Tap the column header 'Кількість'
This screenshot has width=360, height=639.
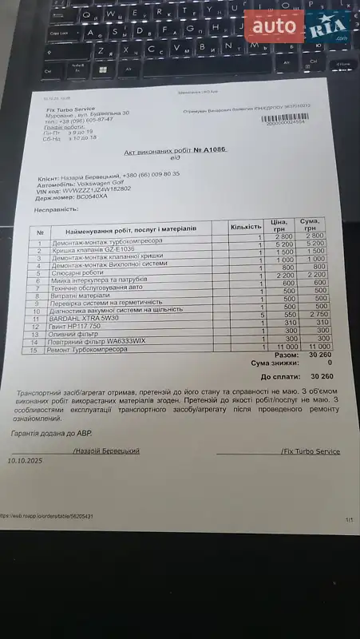[x=245, y=228]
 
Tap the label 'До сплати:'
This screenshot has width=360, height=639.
[x=279, y=375]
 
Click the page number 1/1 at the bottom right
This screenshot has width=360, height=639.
[x=349, y=520]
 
